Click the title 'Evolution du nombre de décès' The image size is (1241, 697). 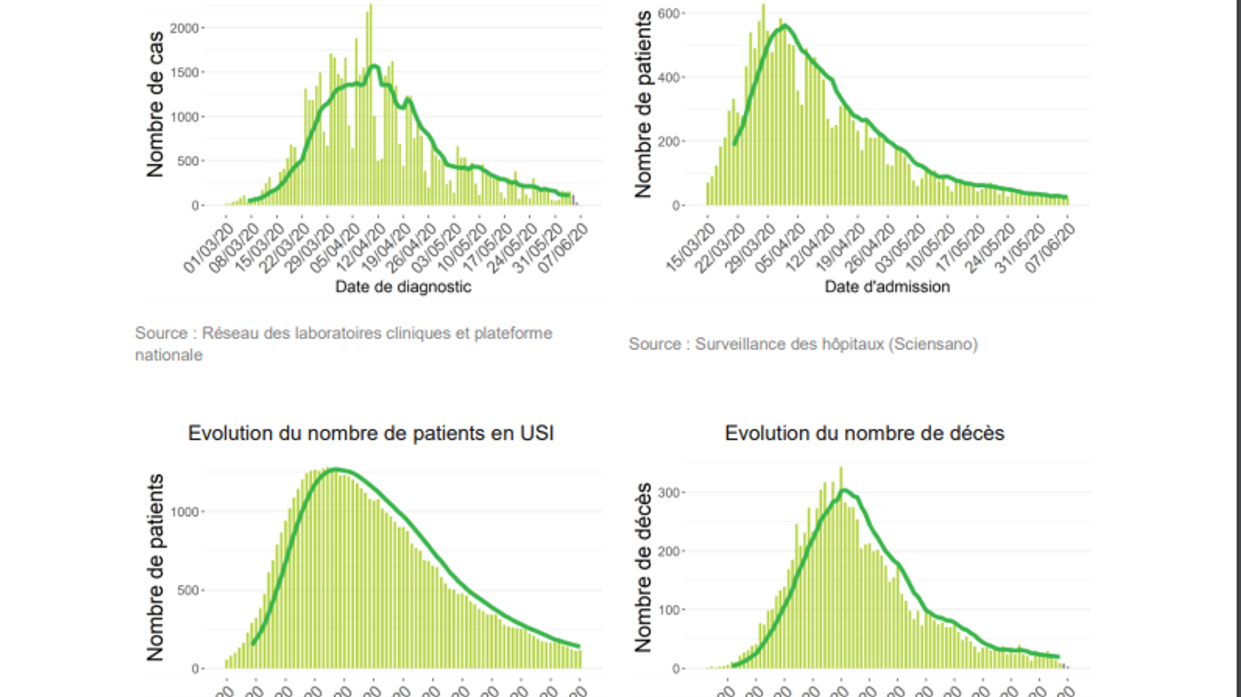click(864, 433)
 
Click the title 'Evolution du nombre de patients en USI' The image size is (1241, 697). click(370, 433)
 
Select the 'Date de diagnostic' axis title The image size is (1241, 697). click(403, 286)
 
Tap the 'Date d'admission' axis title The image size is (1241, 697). click(887, 286)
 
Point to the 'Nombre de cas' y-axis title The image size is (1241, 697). click(155, 103)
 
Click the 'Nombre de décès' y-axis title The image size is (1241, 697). click(642, 568)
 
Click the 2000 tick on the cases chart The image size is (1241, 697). click(184, 28)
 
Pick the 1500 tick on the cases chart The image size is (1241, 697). click(184, 72)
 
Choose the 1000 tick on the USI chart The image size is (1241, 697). click(184, 512)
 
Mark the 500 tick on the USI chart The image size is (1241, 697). click(187, 590)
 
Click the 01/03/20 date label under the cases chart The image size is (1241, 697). click(209, 249)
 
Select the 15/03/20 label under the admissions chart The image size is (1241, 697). click(691, 248)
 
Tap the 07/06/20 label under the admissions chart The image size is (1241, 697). click(1051, 249)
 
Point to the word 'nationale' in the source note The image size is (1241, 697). click(169, 355)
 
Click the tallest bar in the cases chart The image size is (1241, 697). click(370, 103)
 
